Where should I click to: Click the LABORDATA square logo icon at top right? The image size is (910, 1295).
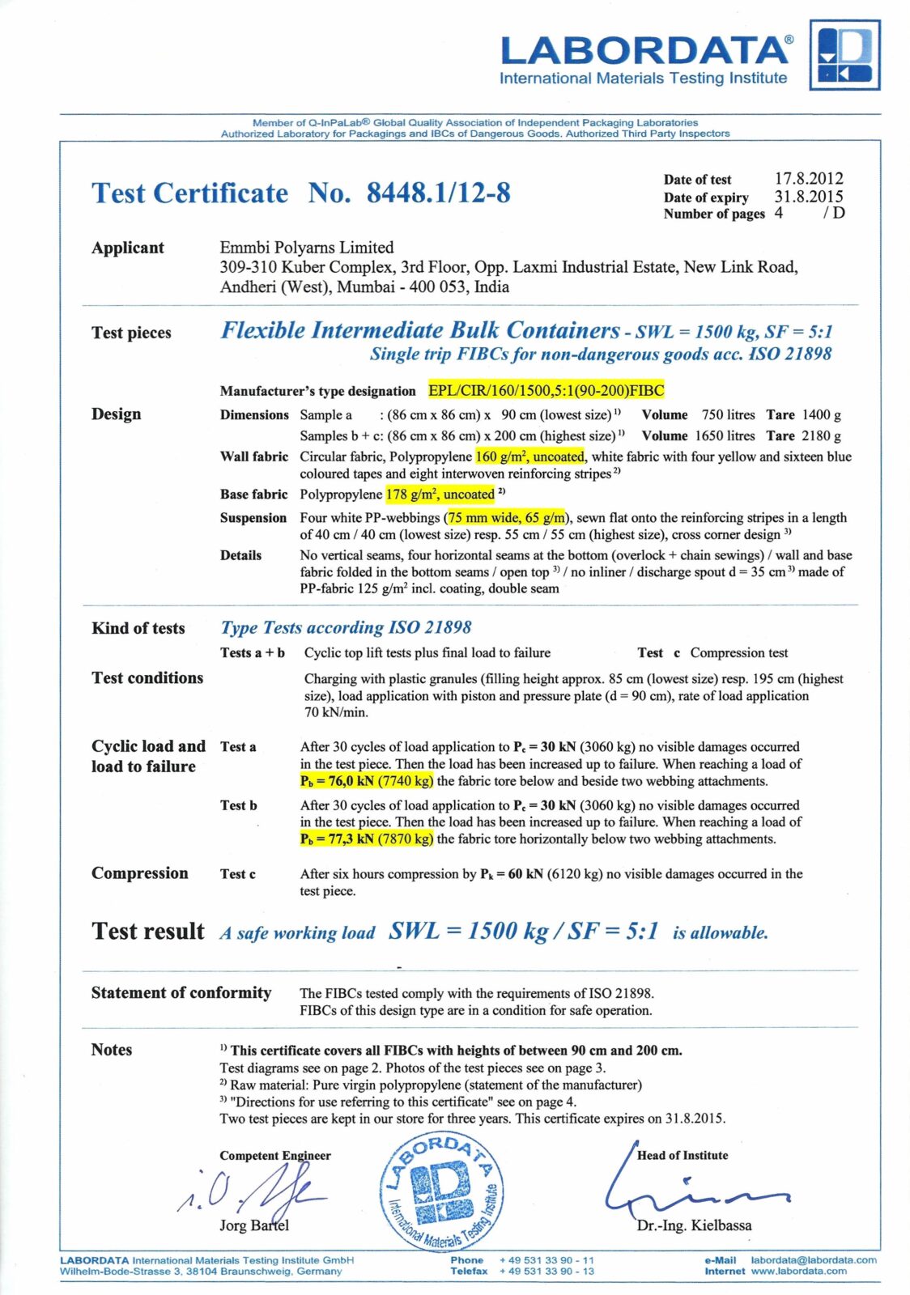click(x=844, y=55)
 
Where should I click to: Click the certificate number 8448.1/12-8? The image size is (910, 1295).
click(x=438, y=193)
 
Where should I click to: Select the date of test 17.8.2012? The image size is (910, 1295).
click(x=808, y=178)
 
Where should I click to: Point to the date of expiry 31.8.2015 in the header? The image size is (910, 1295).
click(x=808, y=196)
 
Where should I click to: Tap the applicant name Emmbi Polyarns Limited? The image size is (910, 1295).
click(x=307, y=248)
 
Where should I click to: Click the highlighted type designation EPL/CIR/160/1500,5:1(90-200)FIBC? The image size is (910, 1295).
click(x=546, y=391)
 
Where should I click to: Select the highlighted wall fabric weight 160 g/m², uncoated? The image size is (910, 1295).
click(x=529, y=456)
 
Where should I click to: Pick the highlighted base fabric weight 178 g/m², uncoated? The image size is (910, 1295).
click(x=440, y=495)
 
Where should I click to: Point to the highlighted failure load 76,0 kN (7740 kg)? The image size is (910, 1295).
click(x=367, y=781)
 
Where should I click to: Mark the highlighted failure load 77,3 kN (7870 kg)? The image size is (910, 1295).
click(x=367, y=839)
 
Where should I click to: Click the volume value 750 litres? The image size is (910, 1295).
click(x=728, y=415)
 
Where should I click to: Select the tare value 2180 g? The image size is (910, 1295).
click(x=821, y=435)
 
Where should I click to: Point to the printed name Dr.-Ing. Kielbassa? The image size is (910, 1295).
click(x=694, y=1225)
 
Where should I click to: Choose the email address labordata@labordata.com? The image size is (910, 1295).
click(x=813, y=1260)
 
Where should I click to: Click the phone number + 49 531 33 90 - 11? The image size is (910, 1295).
click(x=546, y=1260)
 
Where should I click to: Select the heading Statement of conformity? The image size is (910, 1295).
click(x=181, y=993)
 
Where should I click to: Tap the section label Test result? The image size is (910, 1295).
click(x=148, y=932)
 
